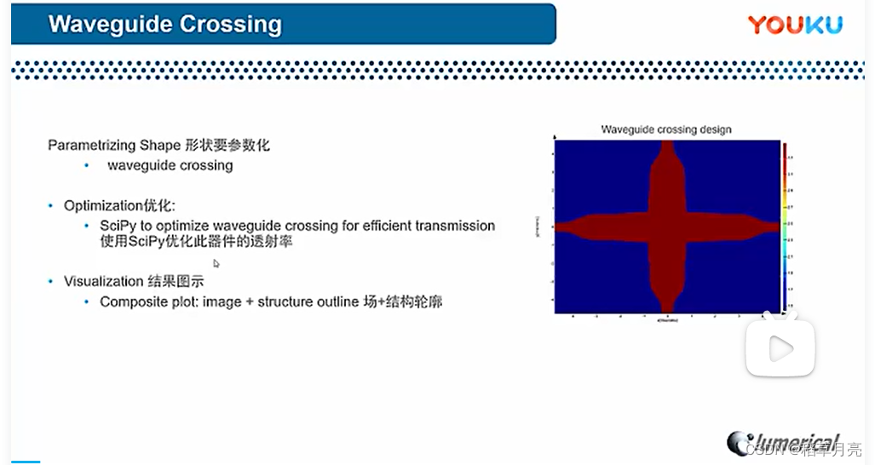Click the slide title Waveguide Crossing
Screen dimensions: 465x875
(165, 24)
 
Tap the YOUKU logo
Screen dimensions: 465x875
(795, 25)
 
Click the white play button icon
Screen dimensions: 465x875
(780, 347)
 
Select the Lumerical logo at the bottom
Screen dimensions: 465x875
(784, 442)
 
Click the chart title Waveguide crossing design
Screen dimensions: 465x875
(666, 129)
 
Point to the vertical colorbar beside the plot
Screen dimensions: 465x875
(785, 227)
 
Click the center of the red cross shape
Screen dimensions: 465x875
(667, 227)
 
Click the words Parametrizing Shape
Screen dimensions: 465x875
(114, 145)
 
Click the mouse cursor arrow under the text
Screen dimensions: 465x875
(216, 263)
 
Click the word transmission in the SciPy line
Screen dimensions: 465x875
(455, 226)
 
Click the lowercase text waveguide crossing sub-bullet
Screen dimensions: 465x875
(170, 165)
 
